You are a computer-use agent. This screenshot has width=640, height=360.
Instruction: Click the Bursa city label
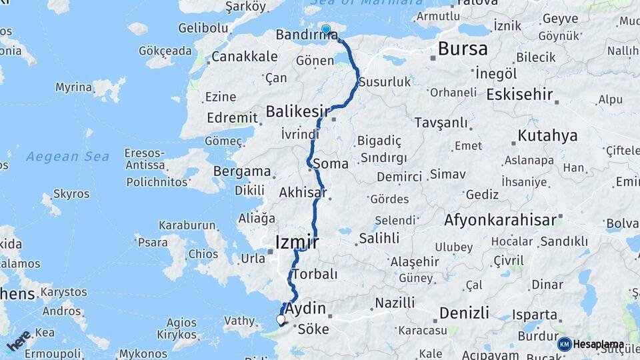tap(463, 48)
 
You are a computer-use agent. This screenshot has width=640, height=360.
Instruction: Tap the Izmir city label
tap(297, 242)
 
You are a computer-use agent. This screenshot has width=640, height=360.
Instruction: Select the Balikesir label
tap(297, 110)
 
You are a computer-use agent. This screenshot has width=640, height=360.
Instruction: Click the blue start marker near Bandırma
tap(326, 29)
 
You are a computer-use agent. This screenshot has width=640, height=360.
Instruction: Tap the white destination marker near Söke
tap(281, 320)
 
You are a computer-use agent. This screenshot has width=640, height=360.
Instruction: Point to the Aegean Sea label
tap(67, 157)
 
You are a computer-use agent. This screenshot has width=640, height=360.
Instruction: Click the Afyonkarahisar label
tap(502, 219)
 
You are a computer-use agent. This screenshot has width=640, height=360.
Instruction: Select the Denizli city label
tap(464, 312)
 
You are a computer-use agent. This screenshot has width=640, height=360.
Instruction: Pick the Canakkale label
tap(244, 57)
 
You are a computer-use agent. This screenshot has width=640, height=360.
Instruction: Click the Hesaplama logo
tap(591, 344)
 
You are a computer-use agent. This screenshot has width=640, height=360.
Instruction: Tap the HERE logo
tap(19, 341)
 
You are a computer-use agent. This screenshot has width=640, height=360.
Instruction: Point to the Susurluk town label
tap(384, 82)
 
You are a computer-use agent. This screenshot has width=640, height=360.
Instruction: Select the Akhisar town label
tap(303, 193)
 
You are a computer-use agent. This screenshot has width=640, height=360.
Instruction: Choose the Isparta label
tap(534, 315)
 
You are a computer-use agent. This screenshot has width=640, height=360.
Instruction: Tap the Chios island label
tap(203, 254)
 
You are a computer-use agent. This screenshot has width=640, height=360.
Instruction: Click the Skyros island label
tap(71, 194)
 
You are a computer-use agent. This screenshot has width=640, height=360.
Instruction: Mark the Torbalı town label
tap(315, 274)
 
